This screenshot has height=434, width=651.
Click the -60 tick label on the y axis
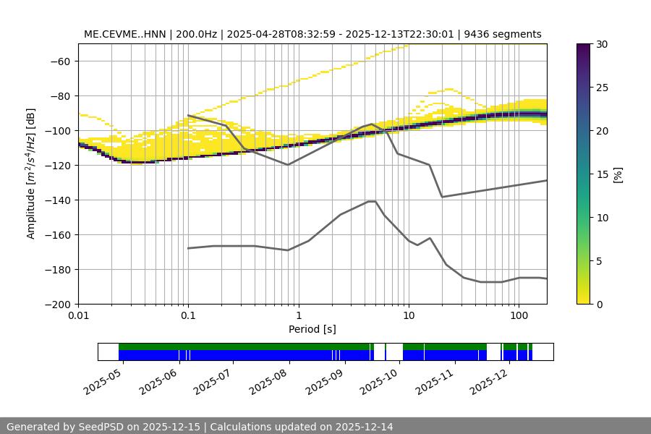tap(59, 61)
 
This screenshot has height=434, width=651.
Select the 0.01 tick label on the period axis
tap(78, 316)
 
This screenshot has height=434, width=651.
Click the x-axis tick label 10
tap(408, 316)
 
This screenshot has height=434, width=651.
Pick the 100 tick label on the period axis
tap(518, 316)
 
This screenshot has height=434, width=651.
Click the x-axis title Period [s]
tap(312, 329)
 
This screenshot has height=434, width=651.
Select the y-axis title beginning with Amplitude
tap(31, 174)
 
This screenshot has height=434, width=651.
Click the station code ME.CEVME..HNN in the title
tap(124, 34)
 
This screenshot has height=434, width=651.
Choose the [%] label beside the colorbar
tap(617, 174)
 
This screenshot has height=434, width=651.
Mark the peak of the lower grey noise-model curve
tap(372, 201)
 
